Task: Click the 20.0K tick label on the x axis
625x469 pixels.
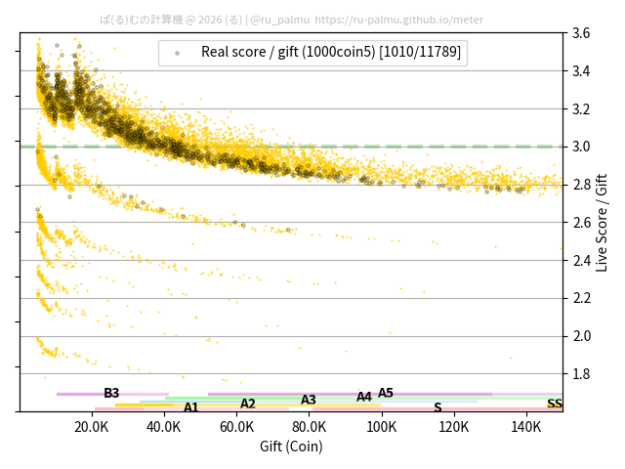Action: [x=92, y=426]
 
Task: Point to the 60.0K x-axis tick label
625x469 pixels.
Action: [x=237, y=426]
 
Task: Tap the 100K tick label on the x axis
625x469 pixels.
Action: [x=382, y=426]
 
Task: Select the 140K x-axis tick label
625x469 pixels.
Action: [x=526, y=426]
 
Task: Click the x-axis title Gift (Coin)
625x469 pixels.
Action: [x=291, y=446]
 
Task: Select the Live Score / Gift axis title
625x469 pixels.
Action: [x=603, y=222]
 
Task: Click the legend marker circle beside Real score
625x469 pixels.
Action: [x=177, y=53]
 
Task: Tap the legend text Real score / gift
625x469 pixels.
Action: [x=331, y=52]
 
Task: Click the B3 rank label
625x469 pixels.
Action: [x=111, y=393]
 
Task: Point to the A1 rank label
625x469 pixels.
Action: [x=191, y=407]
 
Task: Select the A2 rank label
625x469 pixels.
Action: [x=248, y=404]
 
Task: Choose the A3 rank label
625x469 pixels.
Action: [x=309, y=400]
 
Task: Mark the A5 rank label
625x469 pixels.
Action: [x=386, y=393]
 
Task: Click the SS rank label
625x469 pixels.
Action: [x=554, y=404]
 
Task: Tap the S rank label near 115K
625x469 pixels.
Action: [x=437, y=407]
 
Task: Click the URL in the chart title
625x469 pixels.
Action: [x=398, y=19]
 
